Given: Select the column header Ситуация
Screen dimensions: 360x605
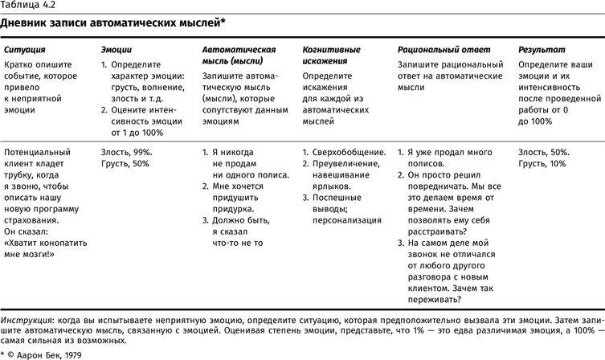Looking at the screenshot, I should (23, 50).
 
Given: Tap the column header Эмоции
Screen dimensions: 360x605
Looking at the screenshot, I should (117, 50).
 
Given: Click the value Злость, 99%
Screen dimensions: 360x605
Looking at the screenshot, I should (126, 152).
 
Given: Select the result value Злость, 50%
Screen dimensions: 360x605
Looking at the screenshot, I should (544, 152).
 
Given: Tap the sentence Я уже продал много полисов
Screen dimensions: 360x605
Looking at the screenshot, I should (455, 157).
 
